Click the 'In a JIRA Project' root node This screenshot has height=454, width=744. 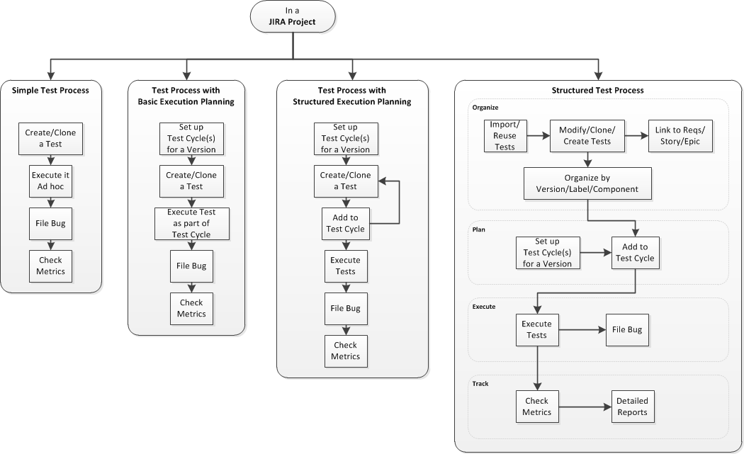(x=292, y=16)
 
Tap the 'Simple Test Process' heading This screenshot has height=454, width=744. (x=50, y=90)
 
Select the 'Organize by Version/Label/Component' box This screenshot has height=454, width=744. (x=587, y=183)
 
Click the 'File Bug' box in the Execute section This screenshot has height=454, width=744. (x=626, y=329)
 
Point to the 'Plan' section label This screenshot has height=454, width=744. (x=479, y=229)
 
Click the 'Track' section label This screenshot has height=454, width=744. (x=480, y=384)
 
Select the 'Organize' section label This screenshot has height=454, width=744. (x=485, y=108)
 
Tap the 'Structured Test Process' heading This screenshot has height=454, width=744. (x=597, y=91)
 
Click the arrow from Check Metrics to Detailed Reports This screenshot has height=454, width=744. (x=585, y=407)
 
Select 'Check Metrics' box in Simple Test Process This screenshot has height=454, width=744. (x=51, y=266)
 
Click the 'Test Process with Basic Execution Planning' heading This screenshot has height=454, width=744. (x=186, y=96)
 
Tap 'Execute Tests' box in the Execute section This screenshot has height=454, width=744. (x=536, y=329)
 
